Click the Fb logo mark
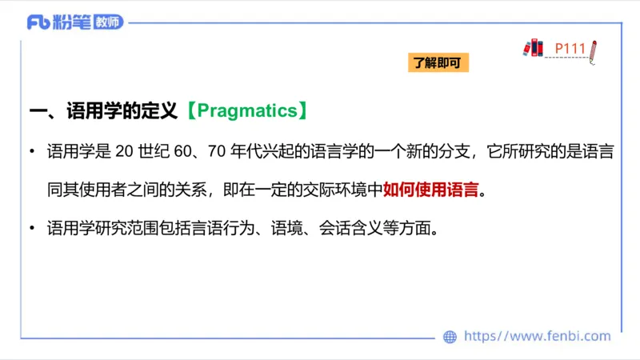38,22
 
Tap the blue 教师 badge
108,22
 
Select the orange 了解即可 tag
437,63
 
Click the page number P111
571,49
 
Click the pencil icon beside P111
594,51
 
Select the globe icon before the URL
450,336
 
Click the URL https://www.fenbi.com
537,336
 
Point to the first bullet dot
31,152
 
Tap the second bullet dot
31,229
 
